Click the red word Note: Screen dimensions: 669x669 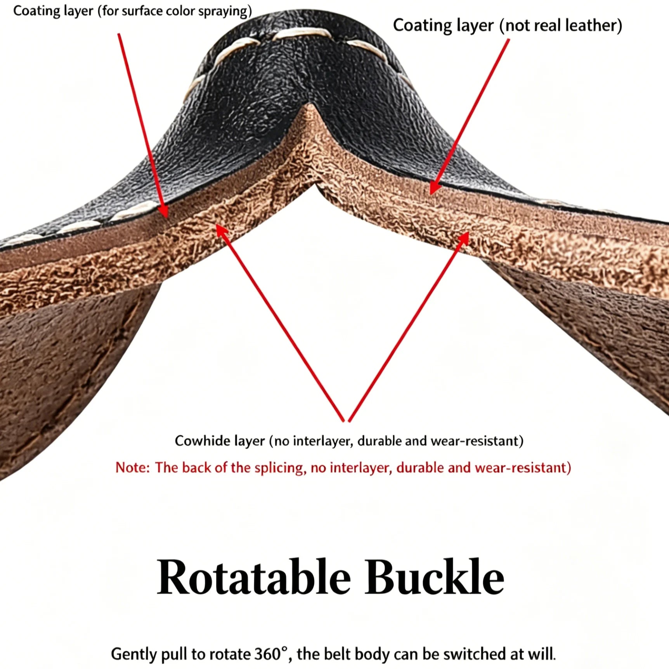coord(132,468)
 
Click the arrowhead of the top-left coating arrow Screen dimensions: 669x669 coord(165,211)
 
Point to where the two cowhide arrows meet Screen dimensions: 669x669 coord(347,421)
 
